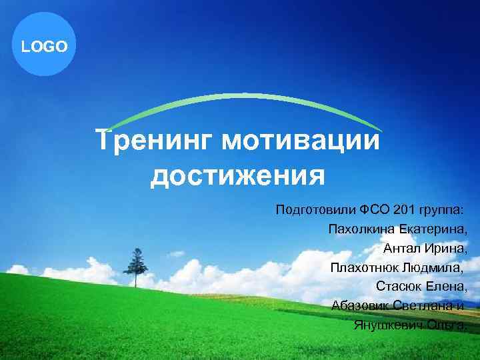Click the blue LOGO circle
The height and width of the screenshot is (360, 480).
pyautogui.click(x=44, y=46)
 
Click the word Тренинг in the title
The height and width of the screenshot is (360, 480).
pyautogui.click(x=153, y=141)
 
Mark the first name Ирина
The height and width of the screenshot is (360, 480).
pyautogui.click(x=445, y=249)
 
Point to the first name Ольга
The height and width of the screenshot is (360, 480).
pyautogui.click(x=445, y=325)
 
